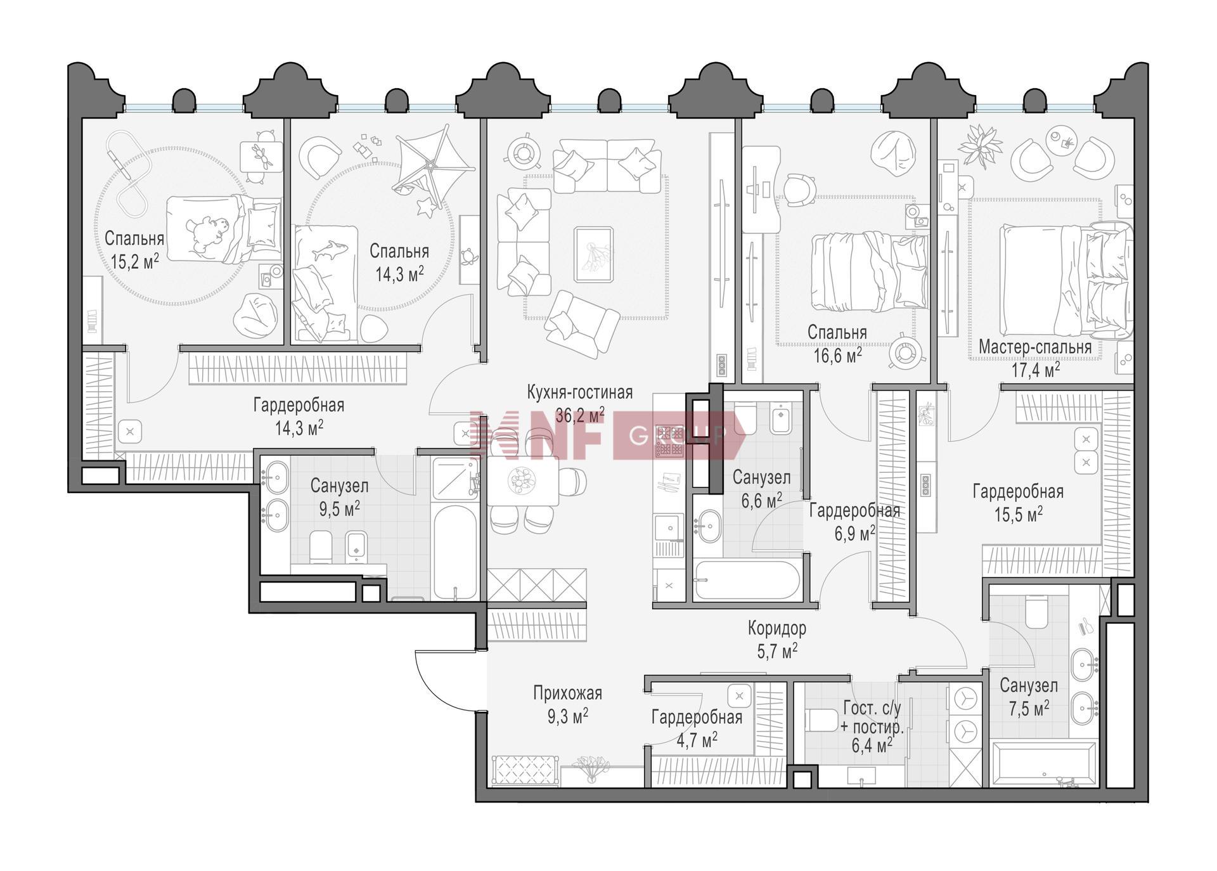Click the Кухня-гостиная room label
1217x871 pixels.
coord(579,393)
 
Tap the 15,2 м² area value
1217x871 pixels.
coord(134,261)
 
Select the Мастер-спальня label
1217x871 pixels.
coord(1035,347)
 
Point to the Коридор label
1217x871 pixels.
coord(777,628)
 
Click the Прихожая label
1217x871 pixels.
coord(567,694)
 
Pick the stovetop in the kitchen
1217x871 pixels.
coord(669,441)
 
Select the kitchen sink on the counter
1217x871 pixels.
coord(668,526)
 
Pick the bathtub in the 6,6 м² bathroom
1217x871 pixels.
coord(745,580)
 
